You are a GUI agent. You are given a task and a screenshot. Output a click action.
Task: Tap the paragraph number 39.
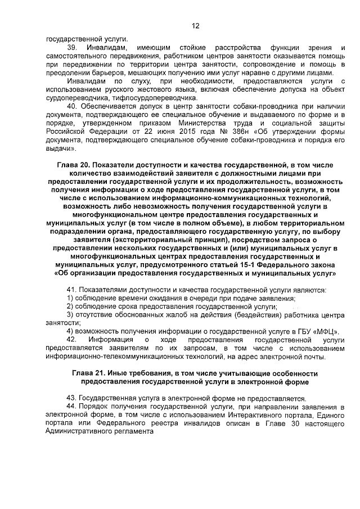(x=71, y=48)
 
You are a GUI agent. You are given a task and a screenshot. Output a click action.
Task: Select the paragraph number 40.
(x=71, y=106)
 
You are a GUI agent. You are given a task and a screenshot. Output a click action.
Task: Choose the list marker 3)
(x=70, y=315)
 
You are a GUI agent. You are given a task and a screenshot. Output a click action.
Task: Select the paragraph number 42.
(x=71, y=340)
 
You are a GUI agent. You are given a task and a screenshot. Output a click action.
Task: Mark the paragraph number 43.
(x=71, y=398)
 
